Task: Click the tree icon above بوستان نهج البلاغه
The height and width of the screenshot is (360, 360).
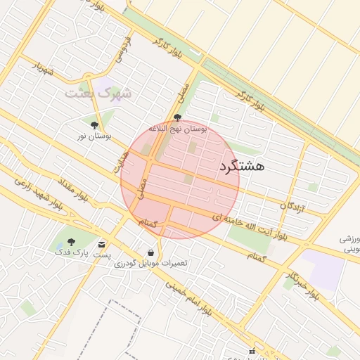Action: [177, 118]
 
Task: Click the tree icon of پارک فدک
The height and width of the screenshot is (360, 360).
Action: [71, 243]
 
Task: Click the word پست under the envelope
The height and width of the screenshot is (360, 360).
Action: [103, 254]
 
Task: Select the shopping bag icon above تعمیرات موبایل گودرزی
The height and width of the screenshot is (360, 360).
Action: [150, 252]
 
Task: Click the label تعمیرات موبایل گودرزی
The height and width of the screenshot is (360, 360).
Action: [150, 264]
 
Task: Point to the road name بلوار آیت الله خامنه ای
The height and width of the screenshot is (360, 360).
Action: [254, 224]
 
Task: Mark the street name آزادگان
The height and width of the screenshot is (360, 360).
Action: [292, 206]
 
